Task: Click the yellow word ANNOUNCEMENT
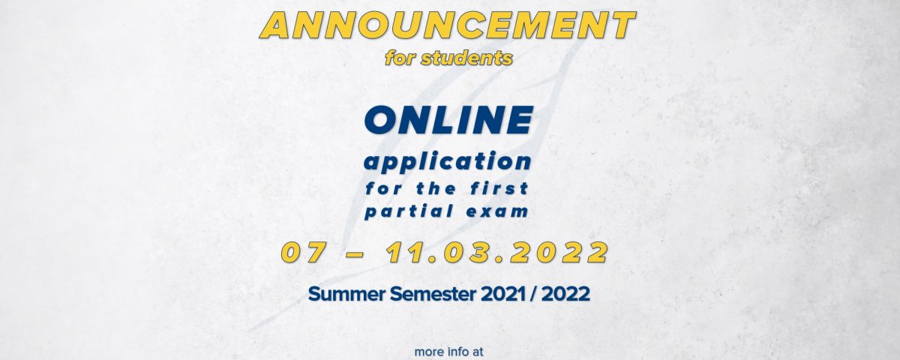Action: coord(447,25)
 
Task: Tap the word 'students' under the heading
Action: coord(466,58)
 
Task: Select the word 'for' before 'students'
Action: coord(400,58)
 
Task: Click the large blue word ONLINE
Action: coord(448,120)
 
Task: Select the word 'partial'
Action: coord(409,211)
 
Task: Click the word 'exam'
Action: coord(497,211)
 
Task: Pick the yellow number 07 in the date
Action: coord(303,253)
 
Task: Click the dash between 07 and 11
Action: coord(355,254)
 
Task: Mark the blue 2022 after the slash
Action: coord(565,294)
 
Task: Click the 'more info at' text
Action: coord(448,352)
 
